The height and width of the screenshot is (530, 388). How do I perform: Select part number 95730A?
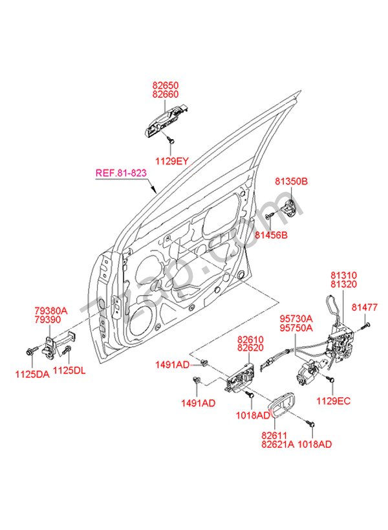click(296, 318)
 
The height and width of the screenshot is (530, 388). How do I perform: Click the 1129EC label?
click(334, 401)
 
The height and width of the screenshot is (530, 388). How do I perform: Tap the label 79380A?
click(51, 311)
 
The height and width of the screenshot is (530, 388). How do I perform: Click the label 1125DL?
click(69, 371)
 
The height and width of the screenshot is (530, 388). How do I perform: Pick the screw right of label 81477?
click(367, 324)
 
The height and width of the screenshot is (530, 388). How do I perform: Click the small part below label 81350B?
click(288, 208)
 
